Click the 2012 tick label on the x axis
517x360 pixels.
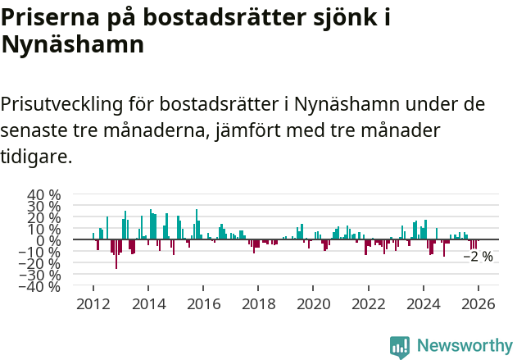click(x=93, y=303)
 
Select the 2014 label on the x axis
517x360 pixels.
click(x=148, y=303)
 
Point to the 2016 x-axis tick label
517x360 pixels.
click(x=203, y=303)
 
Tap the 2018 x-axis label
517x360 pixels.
click(x=258, y=303)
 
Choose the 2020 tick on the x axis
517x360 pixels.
click(x=313, y=303)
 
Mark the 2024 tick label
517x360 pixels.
click(x=424, y=303)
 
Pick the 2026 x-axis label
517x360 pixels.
click(x=478, y=303)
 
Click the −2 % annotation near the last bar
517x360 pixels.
click(x=478, y=257)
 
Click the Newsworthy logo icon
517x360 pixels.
click(x=400, y=346)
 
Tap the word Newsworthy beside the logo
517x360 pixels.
click(x=464, y=346)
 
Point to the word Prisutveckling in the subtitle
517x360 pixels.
click(x=62, y=105)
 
